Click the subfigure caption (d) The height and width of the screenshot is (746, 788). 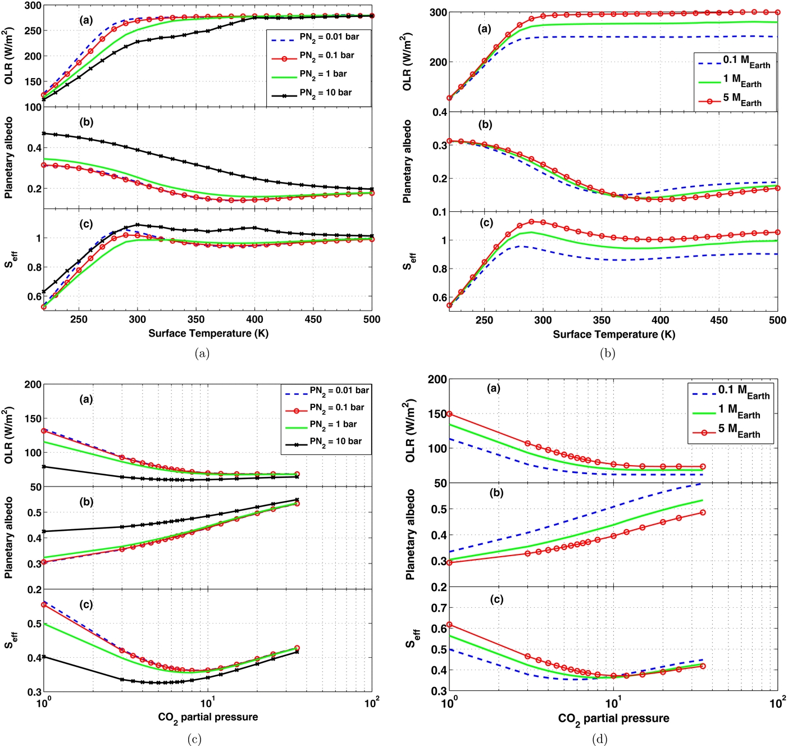[x=599, y=739]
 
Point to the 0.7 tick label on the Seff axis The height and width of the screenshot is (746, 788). [x=439, y=607]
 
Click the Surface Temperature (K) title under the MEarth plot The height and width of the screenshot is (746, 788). [x=613, y=334]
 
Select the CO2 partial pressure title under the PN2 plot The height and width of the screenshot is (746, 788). [x=208, y=717]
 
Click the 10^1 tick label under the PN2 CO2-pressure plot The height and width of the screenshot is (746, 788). [x=207, y=702]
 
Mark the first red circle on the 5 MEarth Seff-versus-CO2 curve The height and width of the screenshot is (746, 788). [x=449, y=625]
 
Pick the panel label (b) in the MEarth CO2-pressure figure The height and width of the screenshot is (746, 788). [x=497, y=493]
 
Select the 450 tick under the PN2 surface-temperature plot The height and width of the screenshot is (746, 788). [x=313, y=319]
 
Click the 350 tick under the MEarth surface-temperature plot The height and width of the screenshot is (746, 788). [x=602, y=320]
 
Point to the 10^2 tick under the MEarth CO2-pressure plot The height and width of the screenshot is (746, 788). [x=777, y=703]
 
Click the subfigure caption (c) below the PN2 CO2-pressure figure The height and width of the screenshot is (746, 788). [x=194, y=739]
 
